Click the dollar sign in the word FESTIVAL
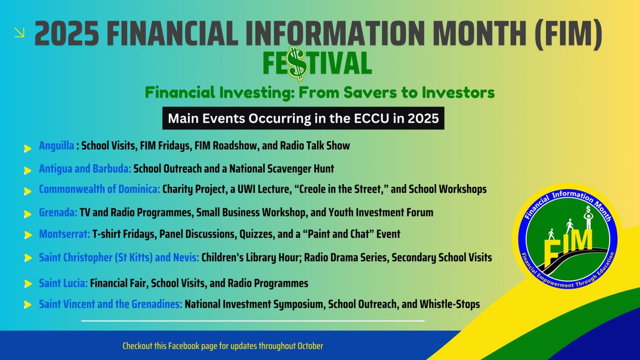tap(297, 64)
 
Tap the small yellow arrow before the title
tap(19, 32)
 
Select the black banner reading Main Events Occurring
tap(303, 118)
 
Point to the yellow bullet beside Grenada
tap(28, 214)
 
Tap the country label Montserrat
tap(64, 234)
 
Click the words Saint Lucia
tap(63, 283)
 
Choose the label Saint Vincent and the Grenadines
tap(110, 304)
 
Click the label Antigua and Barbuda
tap(85, 169)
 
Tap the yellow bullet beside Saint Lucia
tap(28, 284)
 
